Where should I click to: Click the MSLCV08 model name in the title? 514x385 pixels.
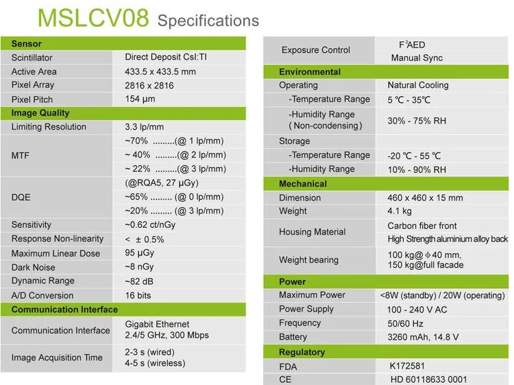coord(93,18)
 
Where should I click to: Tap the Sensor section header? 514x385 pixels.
coord(26,44)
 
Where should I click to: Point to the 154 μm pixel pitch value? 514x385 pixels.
coord(140,99)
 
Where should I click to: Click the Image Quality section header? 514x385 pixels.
coord(40,113)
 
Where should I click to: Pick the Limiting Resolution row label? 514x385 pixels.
coord(49,127)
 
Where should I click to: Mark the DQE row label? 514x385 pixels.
coord(21,197)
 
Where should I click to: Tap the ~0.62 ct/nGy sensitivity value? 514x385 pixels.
coord(150,225)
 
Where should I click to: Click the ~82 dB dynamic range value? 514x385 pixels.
coord(139,281)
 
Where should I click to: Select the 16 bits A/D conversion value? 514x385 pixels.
coord(138,295)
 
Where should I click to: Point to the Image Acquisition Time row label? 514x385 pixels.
coord(57,358)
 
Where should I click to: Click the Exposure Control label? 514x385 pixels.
coord(316,50)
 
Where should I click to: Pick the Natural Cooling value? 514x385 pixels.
coord(418,85)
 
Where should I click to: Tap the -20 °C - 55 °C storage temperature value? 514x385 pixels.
coord(414,156)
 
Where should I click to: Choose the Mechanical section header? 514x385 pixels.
coord(303,184)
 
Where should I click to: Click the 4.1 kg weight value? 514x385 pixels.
coord(400,211)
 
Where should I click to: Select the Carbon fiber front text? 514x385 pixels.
coord(422,226)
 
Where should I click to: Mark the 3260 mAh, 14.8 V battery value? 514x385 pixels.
coord(423,337)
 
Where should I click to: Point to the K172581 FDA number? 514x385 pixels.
coord(407,366)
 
